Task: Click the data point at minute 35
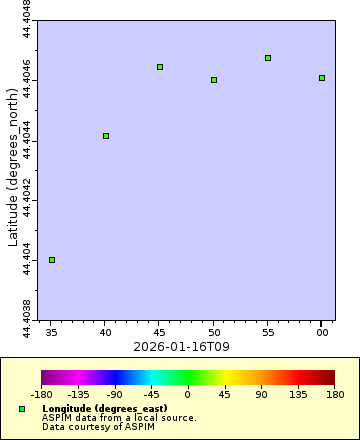point(52,260)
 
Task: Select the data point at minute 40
point(106,136)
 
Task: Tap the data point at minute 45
point(160,67)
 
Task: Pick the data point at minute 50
point(214,80)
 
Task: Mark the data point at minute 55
point(268,58)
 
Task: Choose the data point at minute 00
point(322,78)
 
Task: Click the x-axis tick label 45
point(160,331)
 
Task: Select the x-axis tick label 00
point(322,331)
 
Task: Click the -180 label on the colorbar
point(41,395)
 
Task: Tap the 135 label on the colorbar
point(298,395)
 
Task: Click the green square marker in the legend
point(22,409)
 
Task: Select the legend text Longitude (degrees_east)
point(95,409)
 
